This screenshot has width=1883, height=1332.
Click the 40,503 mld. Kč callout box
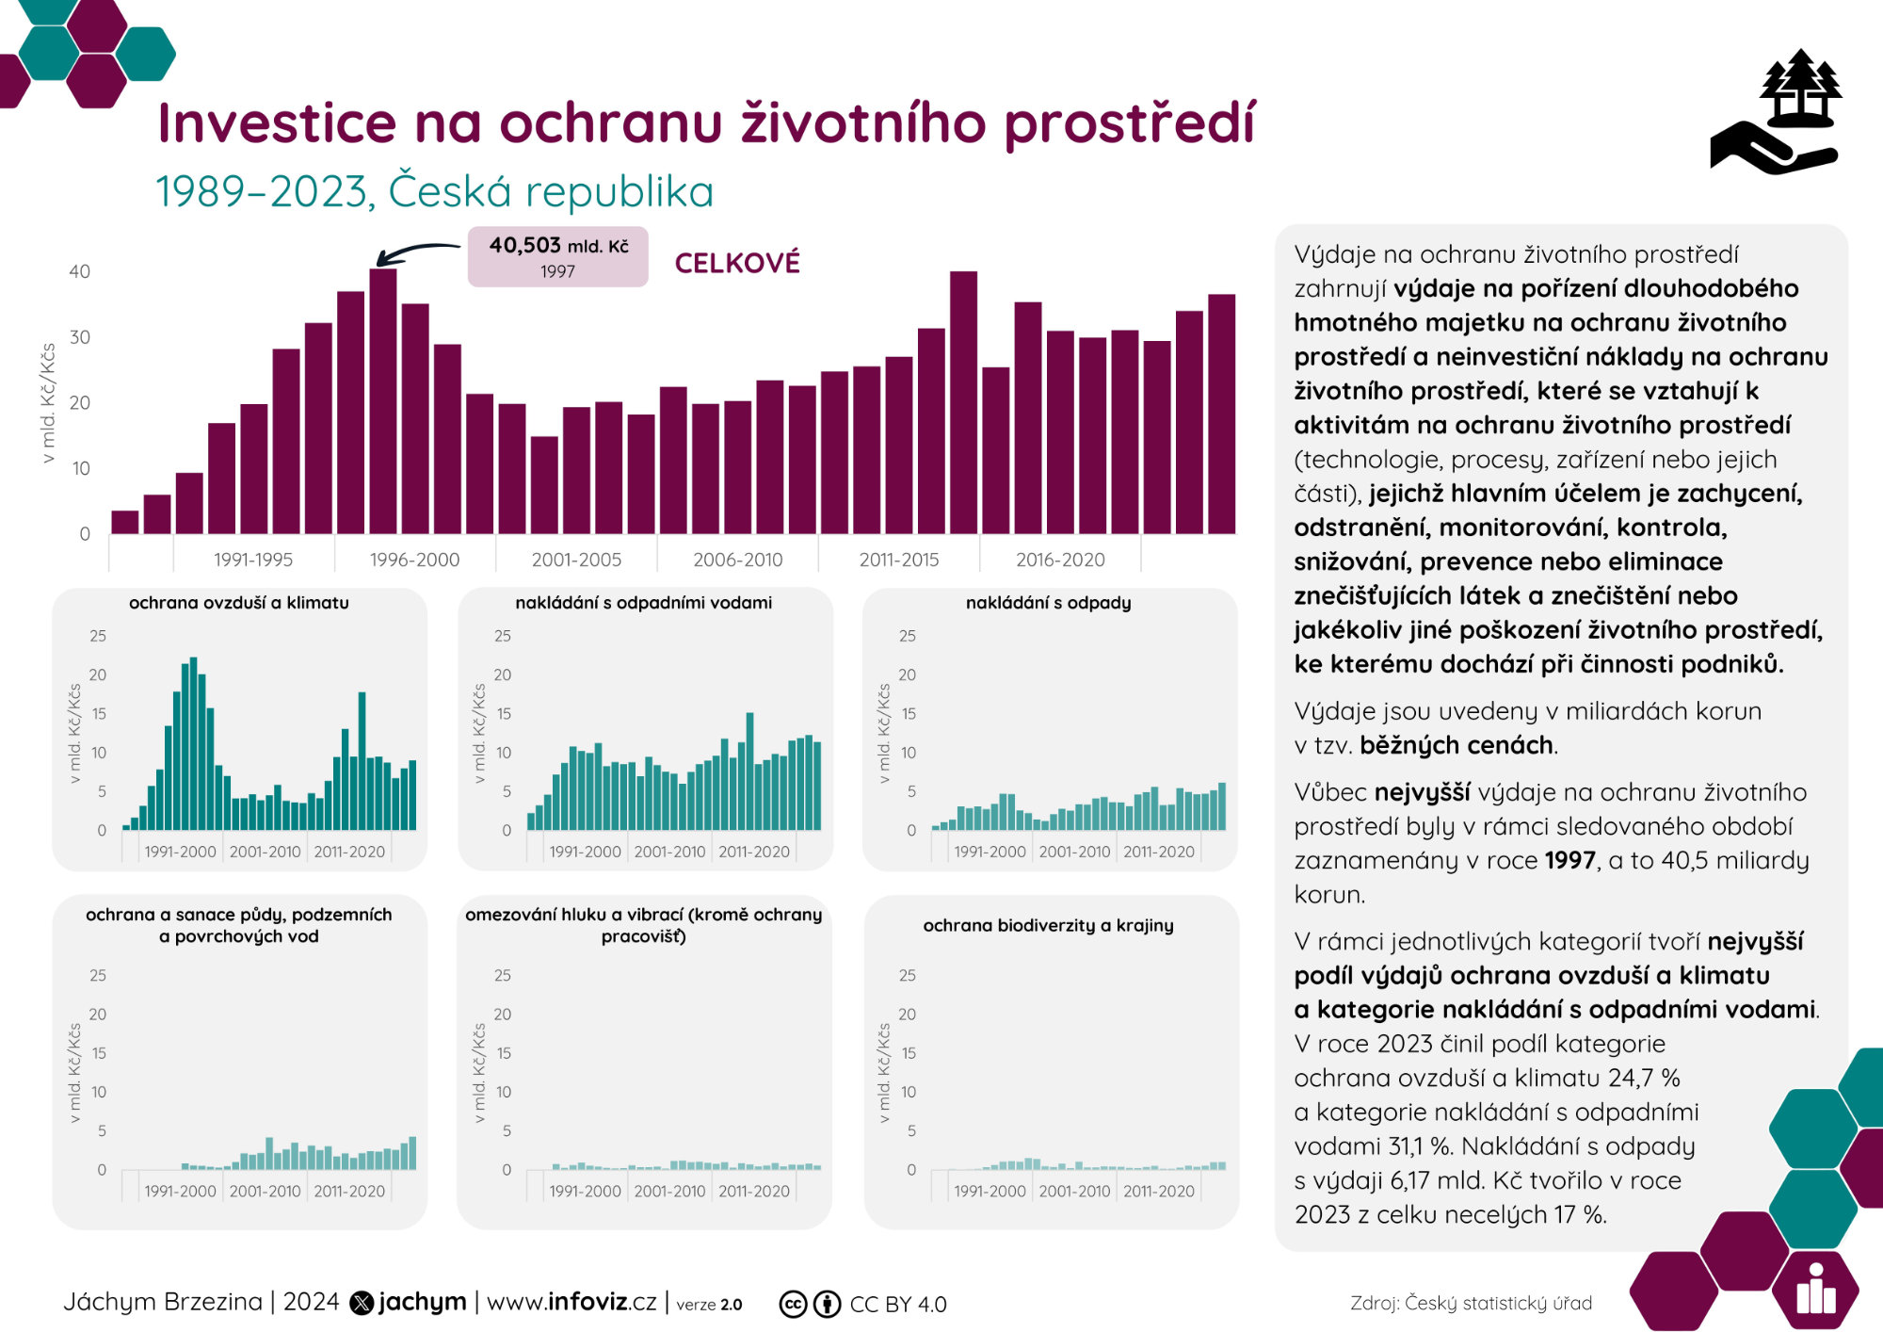click(557, 256)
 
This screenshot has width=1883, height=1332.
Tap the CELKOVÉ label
click(737, 263)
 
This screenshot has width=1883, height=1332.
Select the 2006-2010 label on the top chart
click(737, 560)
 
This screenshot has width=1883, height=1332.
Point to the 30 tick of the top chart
click(80, 337)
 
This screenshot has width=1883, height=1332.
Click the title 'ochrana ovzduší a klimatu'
click(238, 603)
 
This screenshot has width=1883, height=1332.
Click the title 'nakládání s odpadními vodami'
click(643, 603)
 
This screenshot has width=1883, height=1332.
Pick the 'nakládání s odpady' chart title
click(1048, 603)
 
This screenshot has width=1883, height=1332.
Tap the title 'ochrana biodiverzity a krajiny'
click(1048, 925)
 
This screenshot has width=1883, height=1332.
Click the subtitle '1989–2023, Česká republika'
click(434, 191)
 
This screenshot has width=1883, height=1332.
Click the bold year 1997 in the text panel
click(1569, 860)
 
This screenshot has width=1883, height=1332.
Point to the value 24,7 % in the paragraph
click(1644, 1078)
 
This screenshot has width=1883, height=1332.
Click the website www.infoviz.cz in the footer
click(571, 1302)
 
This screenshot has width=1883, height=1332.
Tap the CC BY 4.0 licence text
click(897, 1305)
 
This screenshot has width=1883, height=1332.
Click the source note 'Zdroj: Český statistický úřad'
click(1471, 1303)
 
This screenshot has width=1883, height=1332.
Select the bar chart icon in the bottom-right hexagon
click(1815, 1291)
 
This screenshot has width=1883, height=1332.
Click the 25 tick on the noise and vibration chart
click(503, 975)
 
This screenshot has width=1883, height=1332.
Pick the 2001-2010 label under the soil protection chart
click(265, 1191)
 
